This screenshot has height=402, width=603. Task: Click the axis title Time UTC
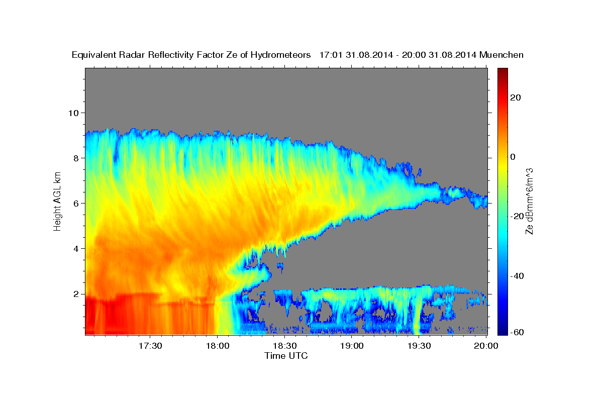coord(286,356)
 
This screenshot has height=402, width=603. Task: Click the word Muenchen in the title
coord(502,55)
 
